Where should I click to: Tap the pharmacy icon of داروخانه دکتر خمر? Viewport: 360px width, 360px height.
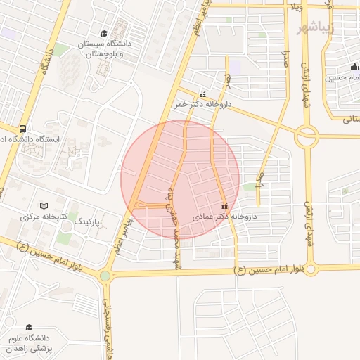[203, 94]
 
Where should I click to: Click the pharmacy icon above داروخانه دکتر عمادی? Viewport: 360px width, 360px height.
[225, 207]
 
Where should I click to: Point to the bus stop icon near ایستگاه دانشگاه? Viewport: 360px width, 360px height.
[23, 129]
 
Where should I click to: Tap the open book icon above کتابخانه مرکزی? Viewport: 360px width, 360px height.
[44, 206]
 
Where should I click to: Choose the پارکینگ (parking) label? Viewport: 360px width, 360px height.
[88, 221]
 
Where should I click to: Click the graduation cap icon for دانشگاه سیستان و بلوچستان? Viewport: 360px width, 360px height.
[104, 34]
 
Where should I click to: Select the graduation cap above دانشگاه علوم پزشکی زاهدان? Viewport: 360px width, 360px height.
[29, 327]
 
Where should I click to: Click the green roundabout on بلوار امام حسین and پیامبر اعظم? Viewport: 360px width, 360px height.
[105, 276]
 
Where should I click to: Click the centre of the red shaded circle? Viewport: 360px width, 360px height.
[180, 180]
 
